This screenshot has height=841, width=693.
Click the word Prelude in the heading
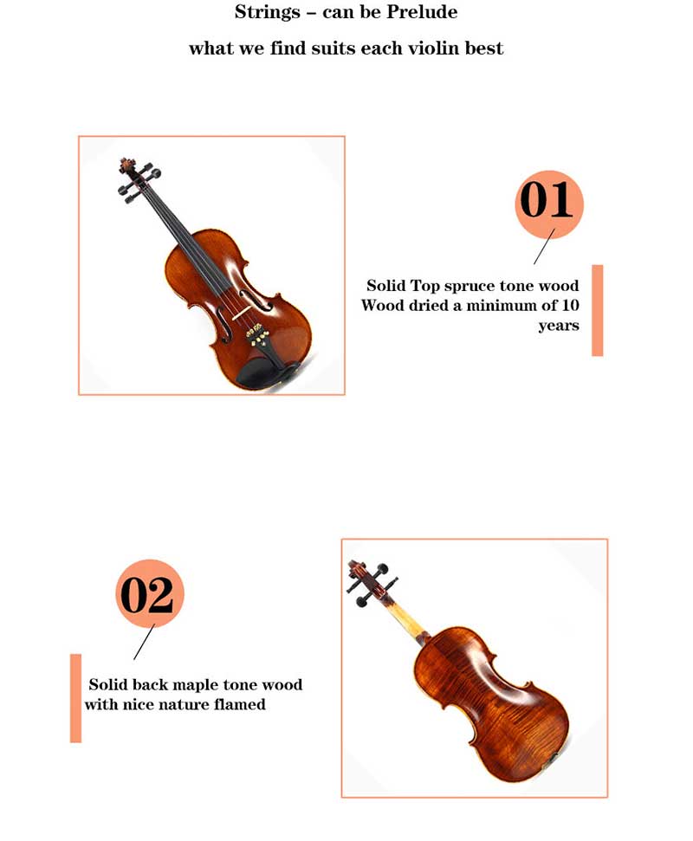(424, 12)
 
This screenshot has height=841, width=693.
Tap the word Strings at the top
(267, 13)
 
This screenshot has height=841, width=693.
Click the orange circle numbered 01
(548, 204)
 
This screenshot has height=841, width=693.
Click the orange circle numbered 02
(150, 593)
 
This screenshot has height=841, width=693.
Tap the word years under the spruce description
(559, 326)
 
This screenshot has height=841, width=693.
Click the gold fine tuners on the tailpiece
(257, 335)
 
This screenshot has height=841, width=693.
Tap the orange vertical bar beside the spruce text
(597, 310)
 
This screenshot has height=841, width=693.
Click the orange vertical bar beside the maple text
(75, 698)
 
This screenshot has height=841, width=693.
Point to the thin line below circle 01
(544, 246)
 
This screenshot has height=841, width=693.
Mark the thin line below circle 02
(144, 642)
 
